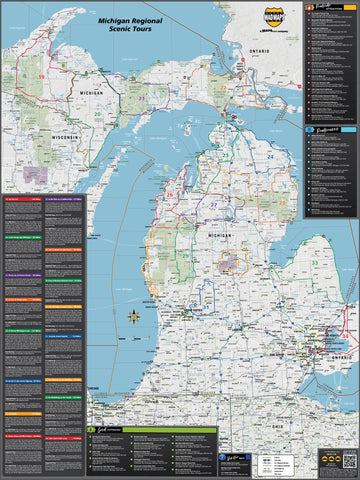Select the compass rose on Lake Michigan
(x=133, y=318)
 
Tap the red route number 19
(x=41, y=76)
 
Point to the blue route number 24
(x=269, y=157)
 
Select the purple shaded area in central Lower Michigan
(x=232, y=262)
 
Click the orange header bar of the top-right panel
(x=331, y=6)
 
